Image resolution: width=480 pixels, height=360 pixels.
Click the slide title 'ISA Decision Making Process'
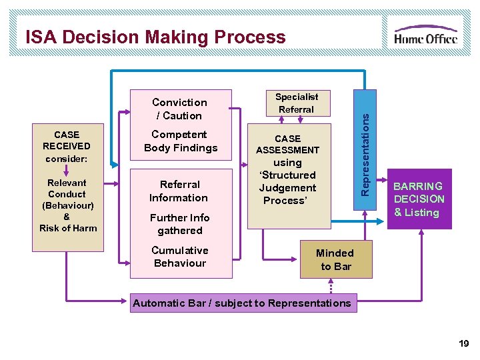(155, 37)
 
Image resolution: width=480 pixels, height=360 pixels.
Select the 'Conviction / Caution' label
(179, 109)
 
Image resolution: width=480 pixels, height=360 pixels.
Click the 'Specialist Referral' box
(297, 103)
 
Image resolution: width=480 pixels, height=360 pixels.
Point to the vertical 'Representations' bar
(364, 154)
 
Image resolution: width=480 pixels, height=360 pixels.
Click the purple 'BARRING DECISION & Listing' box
(419, 199)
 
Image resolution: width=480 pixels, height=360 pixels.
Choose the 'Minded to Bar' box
(335, 259)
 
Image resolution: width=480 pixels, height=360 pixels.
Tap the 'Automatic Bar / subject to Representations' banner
(242, 303)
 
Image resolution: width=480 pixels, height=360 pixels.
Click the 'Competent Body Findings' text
(181, 141)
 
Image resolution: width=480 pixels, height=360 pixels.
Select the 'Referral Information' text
(179, 191)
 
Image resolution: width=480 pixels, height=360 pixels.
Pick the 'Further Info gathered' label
(179, 224)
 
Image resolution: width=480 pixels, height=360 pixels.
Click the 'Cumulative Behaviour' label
(179, 257)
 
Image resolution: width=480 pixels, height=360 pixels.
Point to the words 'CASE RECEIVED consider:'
(67, 147)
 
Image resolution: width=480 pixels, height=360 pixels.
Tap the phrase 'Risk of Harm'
(68, 228)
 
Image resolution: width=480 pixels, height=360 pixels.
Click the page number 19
(463, 344)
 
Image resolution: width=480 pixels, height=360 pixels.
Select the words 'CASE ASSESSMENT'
(288, 144)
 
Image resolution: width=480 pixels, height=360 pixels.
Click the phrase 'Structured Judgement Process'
(288, 187)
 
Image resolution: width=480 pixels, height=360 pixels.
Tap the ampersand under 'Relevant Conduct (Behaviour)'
(67, 217)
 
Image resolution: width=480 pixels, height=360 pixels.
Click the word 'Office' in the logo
(439, 38)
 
